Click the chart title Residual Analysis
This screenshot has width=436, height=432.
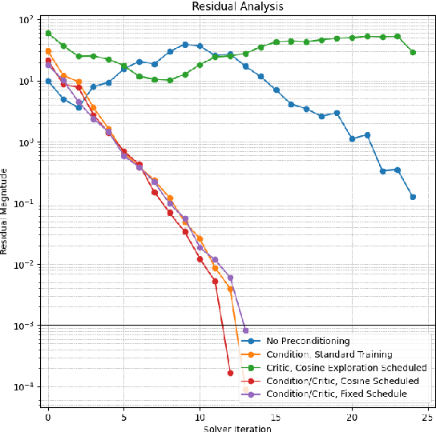coord(232,6)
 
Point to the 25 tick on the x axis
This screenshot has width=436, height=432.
coord(428,417)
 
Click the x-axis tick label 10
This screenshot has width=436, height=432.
coord(200,417)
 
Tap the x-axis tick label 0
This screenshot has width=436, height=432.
coord(48,417)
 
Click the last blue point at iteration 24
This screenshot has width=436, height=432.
coord(413,197)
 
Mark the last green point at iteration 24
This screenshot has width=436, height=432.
coord(413,52)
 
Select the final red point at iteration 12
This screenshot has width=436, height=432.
coord(230,373)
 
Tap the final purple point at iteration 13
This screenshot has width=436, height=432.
coord(245,330)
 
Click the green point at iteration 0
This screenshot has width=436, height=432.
coord(48,34)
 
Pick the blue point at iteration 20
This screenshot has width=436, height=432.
coord(352,138)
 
